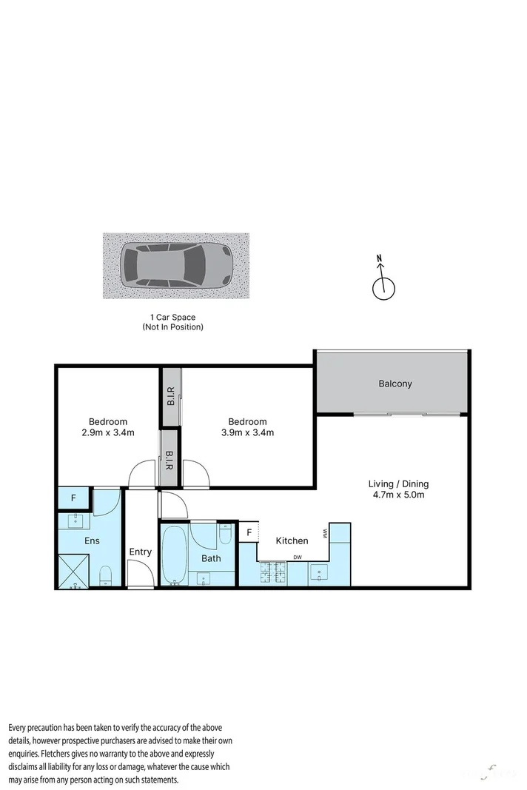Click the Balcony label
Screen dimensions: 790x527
pos(395,384)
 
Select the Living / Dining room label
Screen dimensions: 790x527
pos(398,484)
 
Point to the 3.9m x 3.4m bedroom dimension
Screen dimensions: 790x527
pos(247,432)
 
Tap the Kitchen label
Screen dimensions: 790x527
pos(292,541)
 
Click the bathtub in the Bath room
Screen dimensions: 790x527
pos(175,555)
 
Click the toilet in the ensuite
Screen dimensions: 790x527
pos(105,575)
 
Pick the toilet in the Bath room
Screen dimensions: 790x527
pos(226,533)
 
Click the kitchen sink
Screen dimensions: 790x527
pos(320,572)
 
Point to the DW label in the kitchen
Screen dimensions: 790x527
pos(298,558)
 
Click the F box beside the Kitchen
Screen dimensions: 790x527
pos(249,532)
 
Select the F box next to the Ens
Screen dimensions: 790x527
pos(73,498)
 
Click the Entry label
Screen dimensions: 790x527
pos(140,552)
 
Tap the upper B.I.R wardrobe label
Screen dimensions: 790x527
pos(171,397)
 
